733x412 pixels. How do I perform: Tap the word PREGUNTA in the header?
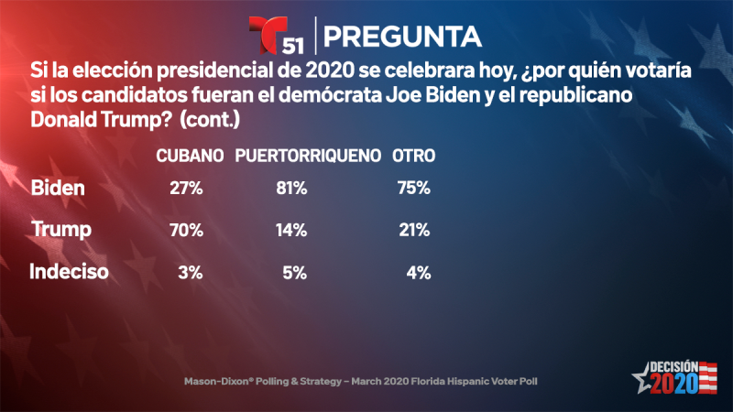coord(404,36)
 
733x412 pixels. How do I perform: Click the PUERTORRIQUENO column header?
coord(308,156)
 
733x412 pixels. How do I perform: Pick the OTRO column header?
coord(413,156)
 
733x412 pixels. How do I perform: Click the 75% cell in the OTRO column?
coord(413,190)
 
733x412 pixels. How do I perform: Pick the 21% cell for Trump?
coord(413,231)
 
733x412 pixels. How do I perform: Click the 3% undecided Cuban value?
coord(191,272)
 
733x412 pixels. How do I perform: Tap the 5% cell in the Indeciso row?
coord(296,272)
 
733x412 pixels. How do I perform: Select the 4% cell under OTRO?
coord(419,272)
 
